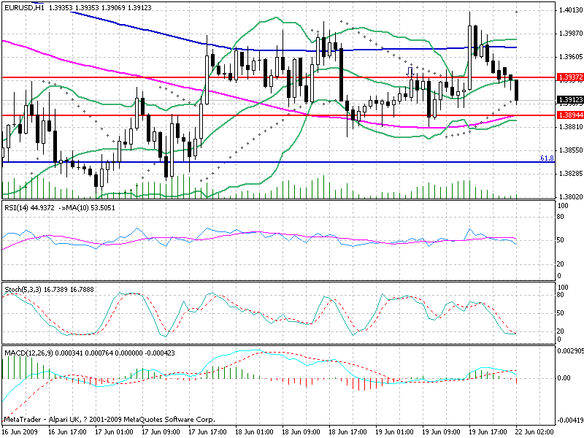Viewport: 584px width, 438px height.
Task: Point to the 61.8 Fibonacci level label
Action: (545, 158)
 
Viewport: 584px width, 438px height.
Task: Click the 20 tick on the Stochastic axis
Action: (561, 331)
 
